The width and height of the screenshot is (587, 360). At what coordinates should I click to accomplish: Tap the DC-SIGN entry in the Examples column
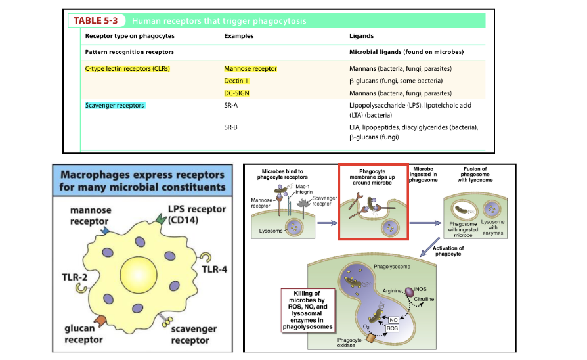[x=236, y=93]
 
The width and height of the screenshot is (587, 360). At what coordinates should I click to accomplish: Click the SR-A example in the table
[x=231, y=105]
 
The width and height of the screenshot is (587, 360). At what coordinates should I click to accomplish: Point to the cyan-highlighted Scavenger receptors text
[x=115, y=105]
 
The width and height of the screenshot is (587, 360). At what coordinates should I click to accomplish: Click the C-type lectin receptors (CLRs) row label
[x=123, y=68]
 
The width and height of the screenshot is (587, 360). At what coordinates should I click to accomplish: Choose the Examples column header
[x=238, y=36]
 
